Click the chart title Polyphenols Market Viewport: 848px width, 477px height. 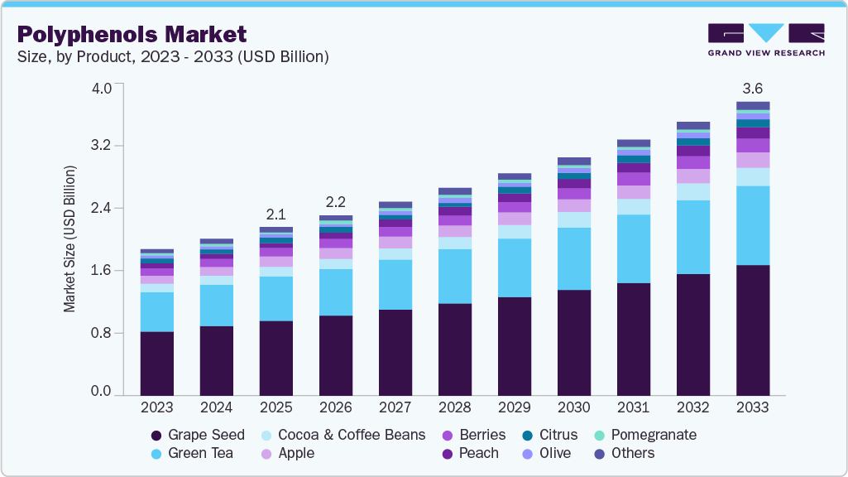pyautogui.click(x=132, y=34)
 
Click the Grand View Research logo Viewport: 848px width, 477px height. pyautogui.click(x=765, y=40)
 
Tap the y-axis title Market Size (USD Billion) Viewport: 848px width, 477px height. pyautogui.click(x=69, y=239)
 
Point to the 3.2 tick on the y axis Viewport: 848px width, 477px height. pyautogui.click(x=100, y=146)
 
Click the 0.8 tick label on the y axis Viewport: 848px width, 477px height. pyautogui.click(x=100, y=333)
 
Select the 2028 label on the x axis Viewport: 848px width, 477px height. pyautogui.click(x=454, y=407)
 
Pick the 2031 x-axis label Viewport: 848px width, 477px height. pyautogui.click(x=633, y=407)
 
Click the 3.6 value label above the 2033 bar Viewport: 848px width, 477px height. pyautogui.click(x=752, y=89)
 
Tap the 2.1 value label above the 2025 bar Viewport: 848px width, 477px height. pyautogui.click(x=275, y=214)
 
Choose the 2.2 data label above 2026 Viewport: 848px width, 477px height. pyautogui.click(x=335, y=202)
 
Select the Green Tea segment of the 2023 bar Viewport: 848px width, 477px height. pyautogui.click(x=156, y=311)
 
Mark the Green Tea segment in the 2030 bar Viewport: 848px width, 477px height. pyautogui.click(x=574, y=258)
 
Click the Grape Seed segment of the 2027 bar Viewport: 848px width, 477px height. pyautogui.click(x=395, y=352)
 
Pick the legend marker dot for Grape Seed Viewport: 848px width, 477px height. pyautogui.click(x=156, y=436)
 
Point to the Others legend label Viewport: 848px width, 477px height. pyautogui.click(x=632, y=453)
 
